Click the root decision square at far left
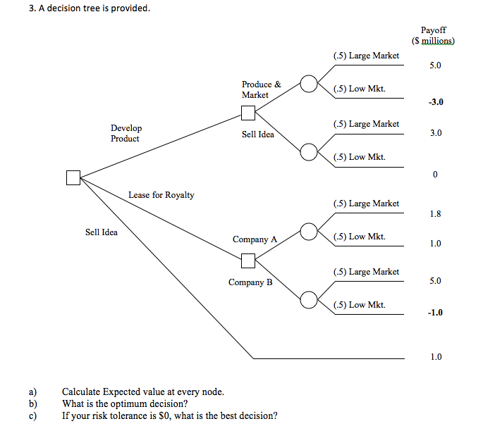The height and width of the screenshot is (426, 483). pyautogui.click(x=73, y=177)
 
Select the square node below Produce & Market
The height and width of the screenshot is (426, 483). pyautogui.click(x=247, y=113)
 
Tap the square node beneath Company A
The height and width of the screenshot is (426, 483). pyautogui.click(x=247, y=261)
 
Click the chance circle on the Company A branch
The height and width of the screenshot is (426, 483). pyautogui.click(x=308, y=231)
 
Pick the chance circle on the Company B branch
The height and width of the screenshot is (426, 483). pyautogui.click(x=308, y=300)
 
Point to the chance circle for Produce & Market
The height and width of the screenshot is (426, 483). pyautogui.click(x=308, y=84)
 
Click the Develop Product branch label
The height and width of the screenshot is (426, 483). pyautogui.click(x=126, y=133)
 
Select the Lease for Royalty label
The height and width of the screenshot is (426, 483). pyautogui.click(x=161, y=195)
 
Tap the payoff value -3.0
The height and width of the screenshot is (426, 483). pyautogui.click(x=435, y=102)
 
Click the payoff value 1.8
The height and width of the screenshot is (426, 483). pyautogui.click(x=435, y=213)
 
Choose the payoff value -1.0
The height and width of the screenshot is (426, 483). pyautogui.click(x=435, y=313)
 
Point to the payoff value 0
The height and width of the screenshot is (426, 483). pyautogui.click(x=435, y=175)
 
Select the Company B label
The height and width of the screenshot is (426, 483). pyautogui.click(x=250, y=283)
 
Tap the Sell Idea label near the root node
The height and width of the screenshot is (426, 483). pyautogui.click(x=102, y=232)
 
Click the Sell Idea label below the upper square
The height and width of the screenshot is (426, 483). pyautogui.click(x=257, y=134)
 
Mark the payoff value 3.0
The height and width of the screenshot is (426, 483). pyautogui.click(x=435, y=133)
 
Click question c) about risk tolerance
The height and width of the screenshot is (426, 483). pyautogui.click(x=169, y=415)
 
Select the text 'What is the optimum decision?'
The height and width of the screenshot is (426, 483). pyautogui.click(x=124, y=403)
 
